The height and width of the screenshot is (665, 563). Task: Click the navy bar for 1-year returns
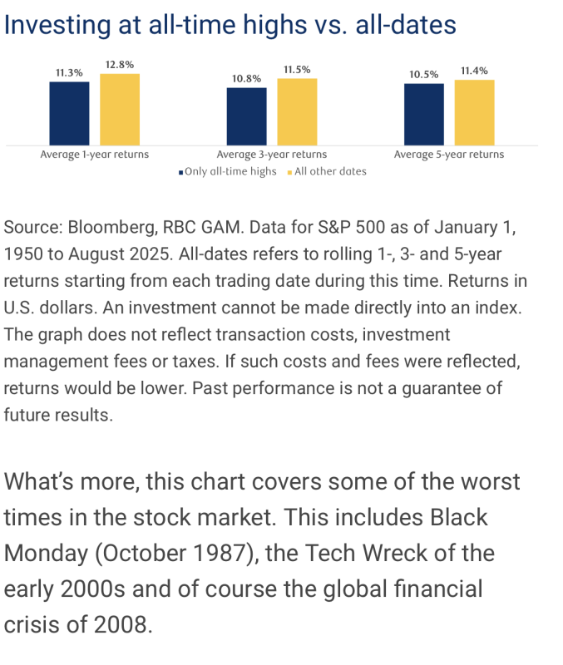click(x=69, y=112)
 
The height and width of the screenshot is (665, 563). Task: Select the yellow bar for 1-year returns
click(x=120, y=109)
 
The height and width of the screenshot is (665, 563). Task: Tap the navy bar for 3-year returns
click(x=246, y=116)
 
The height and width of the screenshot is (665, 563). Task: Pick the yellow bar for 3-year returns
click(x=297, y=112)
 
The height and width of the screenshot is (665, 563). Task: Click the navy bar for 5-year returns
click(x=424, y=114)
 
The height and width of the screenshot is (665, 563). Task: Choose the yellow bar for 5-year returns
click(x=474, y=112)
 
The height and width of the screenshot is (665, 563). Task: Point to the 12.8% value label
click(x=120, y=65)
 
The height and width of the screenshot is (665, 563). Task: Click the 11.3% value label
click(x=69, y=73)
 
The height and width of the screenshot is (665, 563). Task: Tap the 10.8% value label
click(x=246, y=78)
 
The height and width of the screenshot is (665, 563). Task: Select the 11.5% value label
click(x=297, y=70)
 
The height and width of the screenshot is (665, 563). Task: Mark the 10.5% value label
click(x=424, y=75)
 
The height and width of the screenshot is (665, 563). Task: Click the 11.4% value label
click(x=474, y=71)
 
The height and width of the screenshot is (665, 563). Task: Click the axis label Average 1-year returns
click(x=95, y=155)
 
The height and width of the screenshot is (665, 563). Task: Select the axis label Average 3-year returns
click(x=272, y=155)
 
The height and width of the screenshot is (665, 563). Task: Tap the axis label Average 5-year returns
click(x=449, y=155)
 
